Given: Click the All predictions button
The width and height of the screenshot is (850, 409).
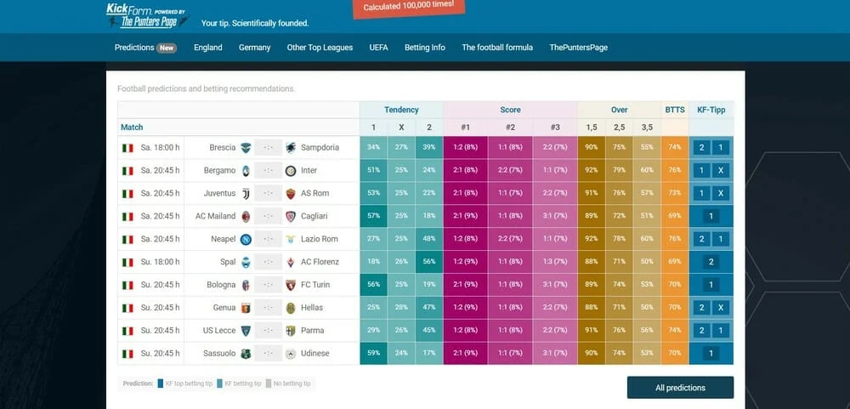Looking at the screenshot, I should point(680,388).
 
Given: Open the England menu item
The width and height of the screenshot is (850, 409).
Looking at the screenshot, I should point(207,48).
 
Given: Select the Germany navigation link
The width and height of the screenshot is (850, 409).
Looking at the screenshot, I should point(254,48).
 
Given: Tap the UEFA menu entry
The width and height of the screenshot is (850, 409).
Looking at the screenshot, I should point(378,48).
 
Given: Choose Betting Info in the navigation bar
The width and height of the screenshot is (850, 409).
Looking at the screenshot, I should point(424,48).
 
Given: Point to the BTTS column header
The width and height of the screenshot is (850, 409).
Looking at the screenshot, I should point(675,110).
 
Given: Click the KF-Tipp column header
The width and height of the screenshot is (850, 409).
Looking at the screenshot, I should point(711,110).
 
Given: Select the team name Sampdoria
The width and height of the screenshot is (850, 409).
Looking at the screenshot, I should point(320,147).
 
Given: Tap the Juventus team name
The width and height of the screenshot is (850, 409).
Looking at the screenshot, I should point(219,193).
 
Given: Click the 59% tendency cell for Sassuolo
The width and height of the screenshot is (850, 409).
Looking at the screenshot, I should point(373,353).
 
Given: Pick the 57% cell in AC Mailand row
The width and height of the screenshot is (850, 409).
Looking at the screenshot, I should point(373,216).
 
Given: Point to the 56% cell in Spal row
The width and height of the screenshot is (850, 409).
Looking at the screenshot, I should point(429,262).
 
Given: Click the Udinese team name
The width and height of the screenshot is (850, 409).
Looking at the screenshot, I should point(314,353).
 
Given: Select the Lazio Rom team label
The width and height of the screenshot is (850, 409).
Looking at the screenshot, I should point(319,239).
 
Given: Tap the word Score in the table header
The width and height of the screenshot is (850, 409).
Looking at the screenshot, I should point(510,110).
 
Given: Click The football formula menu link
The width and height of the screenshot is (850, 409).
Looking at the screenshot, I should point(497,48).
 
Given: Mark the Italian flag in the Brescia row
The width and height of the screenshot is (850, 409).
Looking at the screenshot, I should point(128,147).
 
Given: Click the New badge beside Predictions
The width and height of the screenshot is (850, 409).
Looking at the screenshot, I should point(167,48).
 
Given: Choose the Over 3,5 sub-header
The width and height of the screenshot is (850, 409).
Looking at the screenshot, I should point(647,127).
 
